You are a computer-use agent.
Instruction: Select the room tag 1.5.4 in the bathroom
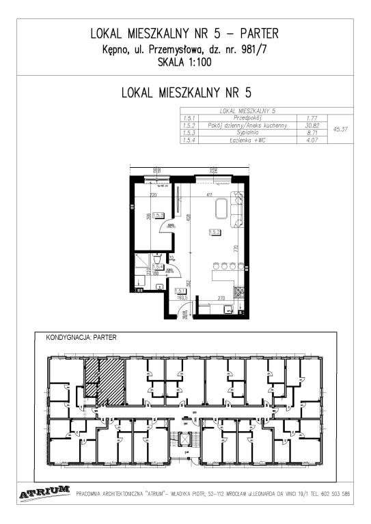156,267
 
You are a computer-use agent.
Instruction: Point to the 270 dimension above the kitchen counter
221,298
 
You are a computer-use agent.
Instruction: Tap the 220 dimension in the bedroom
153,195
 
